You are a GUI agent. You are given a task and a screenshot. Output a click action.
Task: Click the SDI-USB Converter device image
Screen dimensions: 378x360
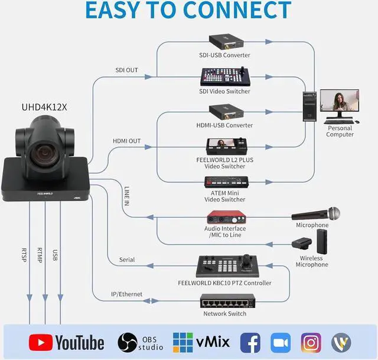click(x=224, y=41)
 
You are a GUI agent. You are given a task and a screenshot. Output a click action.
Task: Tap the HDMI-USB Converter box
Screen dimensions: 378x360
click(x=225, y=111)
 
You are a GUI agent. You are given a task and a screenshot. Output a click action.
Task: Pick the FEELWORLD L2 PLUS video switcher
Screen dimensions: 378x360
click(x=224, y=147)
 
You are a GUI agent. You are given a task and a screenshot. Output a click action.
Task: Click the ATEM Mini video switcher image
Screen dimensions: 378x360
click(x=224, y=181)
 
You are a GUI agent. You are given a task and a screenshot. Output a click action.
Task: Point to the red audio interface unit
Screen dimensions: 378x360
click(x=225, y=218)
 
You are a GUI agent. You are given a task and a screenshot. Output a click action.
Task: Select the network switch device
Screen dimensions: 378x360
click(x=227, y=301)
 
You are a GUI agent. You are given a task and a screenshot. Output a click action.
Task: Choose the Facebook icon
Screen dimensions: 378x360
click(x=250, y=342)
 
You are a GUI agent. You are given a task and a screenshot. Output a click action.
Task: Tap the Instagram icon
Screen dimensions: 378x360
click(x=311, y=342)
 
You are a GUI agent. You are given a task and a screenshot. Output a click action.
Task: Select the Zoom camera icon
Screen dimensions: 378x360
click(x=281, y=342)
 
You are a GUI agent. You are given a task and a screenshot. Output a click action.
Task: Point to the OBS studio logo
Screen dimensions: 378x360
click(x=140, y=342)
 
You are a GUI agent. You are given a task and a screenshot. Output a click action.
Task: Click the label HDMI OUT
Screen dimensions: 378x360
click(x=126, y=141)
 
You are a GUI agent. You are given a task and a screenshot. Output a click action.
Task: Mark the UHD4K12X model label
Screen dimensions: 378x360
click(x=44, y=107)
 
